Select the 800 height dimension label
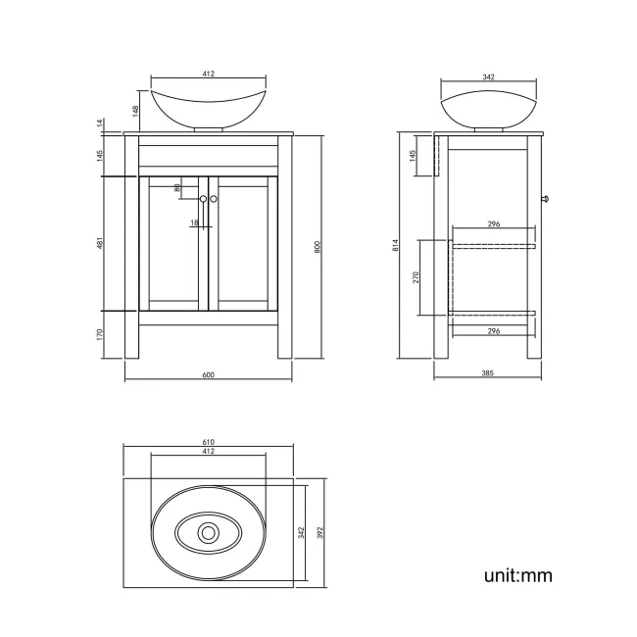tap(317, 247)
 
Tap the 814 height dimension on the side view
tap(396, 247)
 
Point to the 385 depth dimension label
tap(487, 372)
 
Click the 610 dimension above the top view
tap(208, 442)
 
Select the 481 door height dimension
tap(99, 243)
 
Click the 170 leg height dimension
tap(99, 333)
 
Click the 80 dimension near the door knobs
tap(177, 188)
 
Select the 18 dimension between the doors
tap(194, 223)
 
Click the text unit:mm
tap(517, 575)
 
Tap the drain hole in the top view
tap(208, 533)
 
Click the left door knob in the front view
tap(203, 199)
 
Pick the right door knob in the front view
tap(214, 199)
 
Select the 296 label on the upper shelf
tap(493, 224)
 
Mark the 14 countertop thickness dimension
tap(99, 123)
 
